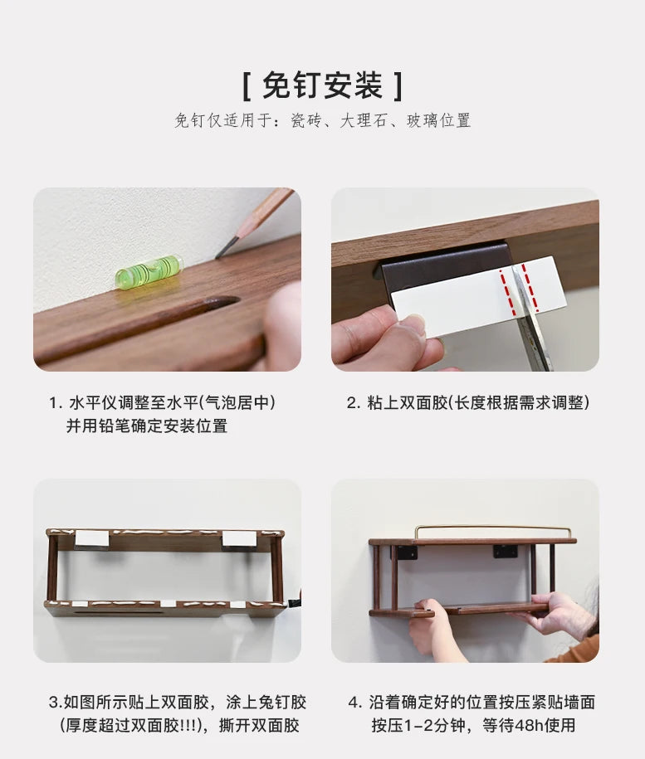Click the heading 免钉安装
pyautogui.click(x=323, y=85)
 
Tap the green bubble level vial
pyautogui.click(x=148, y=271)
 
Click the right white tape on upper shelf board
pyautogui.click(x=238, y=539)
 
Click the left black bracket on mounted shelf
pyautogui.click(x=408, y=552)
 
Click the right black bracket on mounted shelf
pyautogui.click(x=505, y=552)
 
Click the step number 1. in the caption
pyautogui.click(x=56, y=403)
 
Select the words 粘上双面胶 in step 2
pyautogui.click(x=407, y=403)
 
